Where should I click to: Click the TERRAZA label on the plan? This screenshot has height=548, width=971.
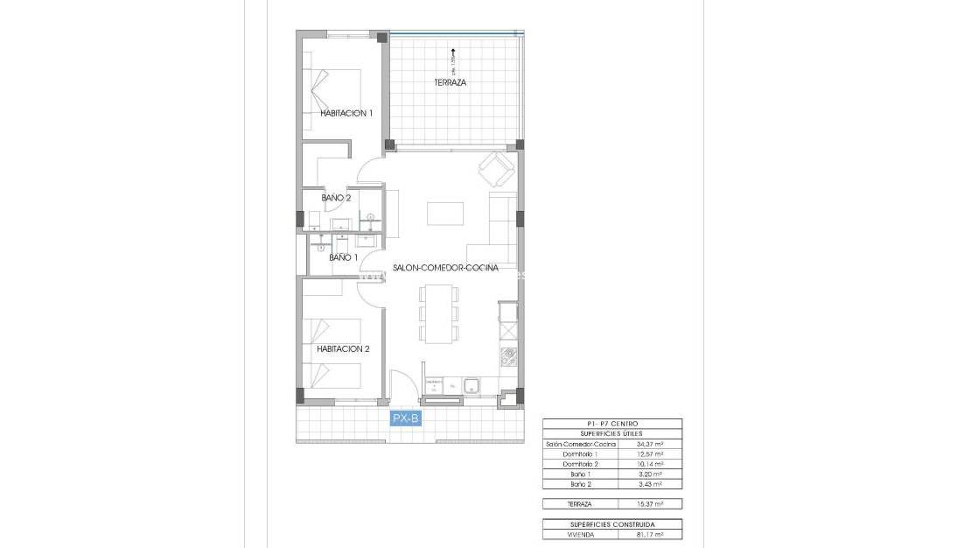(451, 83)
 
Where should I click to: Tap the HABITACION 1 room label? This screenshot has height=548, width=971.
(346, 113)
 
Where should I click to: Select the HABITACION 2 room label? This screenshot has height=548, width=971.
(343, 348)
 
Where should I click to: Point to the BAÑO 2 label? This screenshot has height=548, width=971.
(336, 198)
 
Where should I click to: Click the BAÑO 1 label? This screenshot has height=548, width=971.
(343, 257)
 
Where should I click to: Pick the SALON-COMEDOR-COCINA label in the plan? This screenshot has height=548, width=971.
(445, 268)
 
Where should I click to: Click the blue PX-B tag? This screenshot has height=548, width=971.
(407, 419)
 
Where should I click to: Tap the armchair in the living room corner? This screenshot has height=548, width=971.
(496, 168)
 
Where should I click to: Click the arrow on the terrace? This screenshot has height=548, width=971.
(455, 55)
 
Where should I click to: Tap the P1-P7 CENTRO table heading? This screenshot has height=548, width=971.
(612, 424)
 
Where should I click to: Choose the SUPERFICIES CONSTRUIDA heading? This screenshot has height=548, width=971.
(612, 524)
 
